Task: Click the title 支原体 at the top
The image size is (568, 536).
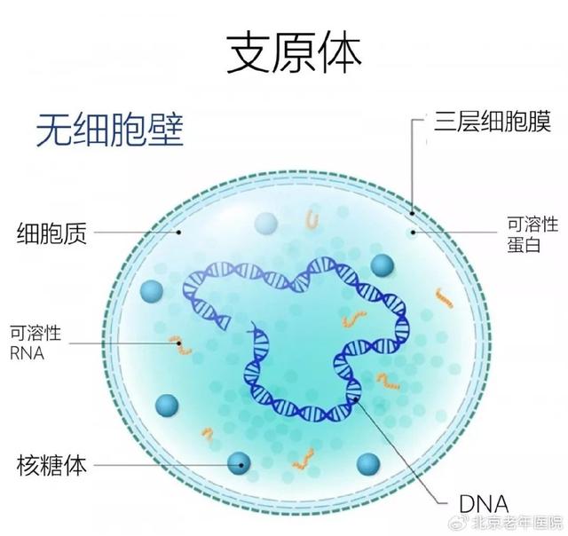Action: point(294,53)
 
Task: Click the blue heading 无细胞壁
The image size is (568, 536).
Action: point(110,130)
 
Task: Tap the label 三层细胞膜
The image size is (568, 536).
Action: point(493,122)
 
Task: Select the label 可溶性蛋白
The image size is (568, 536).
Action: point(532,234)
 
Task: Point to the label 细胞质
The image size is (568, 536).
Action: point(51,233)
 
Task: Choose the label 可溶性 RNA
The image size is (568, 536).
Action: point(35,343)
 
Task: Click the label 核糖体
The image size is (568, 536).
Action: point(51,465)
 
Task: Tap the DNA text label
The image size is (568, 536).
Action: point(484,503)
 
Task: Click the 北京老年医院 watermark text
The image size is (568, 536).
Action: point(517,523)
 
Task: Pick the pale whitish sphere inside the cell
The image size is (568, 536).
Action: point(265,223)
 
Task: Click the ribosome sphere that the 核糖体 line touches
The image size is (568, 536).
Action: point(239,463)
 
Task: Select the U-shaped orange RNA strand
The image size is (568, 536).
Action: point(312,219)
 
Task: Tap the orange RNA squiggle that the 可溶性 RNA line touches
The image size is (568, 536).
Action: point(180,345)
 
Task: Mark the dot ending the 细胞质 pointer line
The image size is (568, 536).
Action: point(178,233)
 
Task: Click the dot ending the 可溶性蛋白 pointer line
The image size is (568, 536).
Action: point(413,233)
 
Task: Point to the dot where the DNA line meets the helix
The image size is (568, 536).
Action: point(355,399)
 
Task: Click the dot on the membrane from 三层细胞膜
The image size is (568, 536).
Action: point(412,213)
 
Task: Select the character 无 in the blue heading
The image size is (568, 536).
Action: point(54,130)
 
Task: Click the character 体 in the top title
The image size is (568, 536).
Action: point(340,53)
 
